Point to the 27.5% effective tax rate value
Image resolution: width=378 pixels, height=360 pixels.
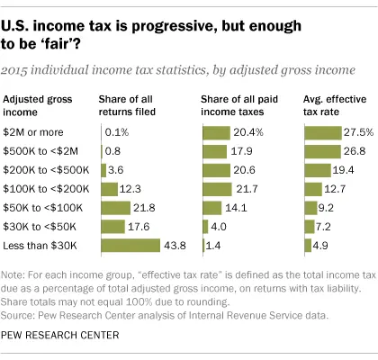point(356,132)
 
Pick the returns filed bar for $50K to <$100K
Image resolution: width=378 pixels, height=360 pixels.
point(117,207)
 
